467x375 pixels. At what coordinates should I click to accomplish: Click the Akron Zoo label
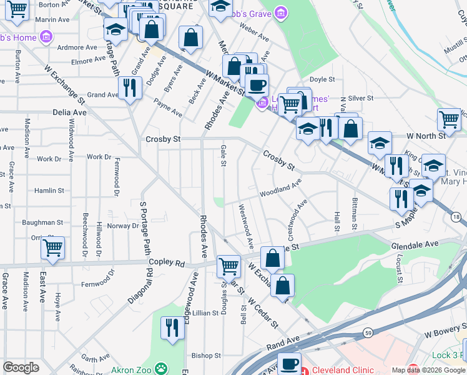131,369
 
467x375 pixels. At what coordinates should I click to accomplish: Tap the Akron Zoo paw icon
161,368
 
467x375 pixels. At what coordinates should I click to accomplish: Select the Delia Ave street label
70,112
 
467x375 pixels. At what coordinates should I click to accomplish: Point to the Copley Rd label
167,264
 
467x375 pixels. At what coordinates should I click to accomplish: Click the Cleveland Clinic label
343,370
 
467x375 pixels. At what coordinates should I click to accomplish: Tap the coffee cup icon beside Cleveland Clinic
289,364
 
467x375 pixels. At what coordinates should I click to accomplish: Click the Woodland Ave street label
281,186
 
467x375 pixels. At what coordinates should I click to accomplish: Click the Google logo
21,367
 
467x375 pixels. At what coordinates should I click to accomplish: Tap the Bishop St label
202,356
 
